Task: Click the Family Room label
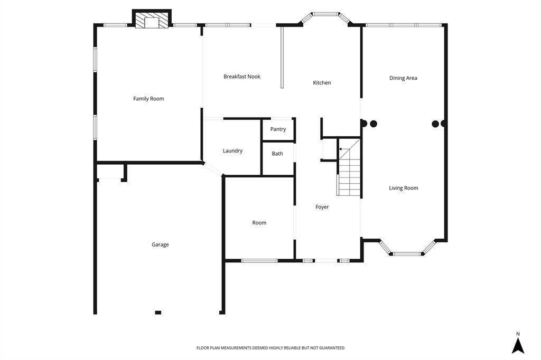148,99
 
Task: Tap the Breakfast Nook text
242,77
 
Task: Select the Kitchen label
322,83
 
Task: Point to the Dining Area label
403,78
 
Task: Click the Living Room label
403,188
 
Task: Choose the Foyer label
322,207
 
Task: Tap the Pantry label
278,129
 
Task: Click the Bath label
277,154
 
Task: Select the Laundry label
232,150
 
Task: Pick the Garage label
160,244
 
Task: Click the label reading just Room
259,223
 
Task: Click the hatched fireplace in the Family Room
152,20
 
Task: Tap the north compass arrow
518,346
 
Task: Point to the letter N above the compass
518,334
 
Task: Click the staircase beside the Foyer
349,167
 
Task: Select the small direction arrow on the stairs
342,149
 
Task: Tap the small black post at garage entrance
158,312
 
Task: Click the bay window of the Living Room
407,248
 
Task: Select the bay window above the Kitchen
325,17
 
